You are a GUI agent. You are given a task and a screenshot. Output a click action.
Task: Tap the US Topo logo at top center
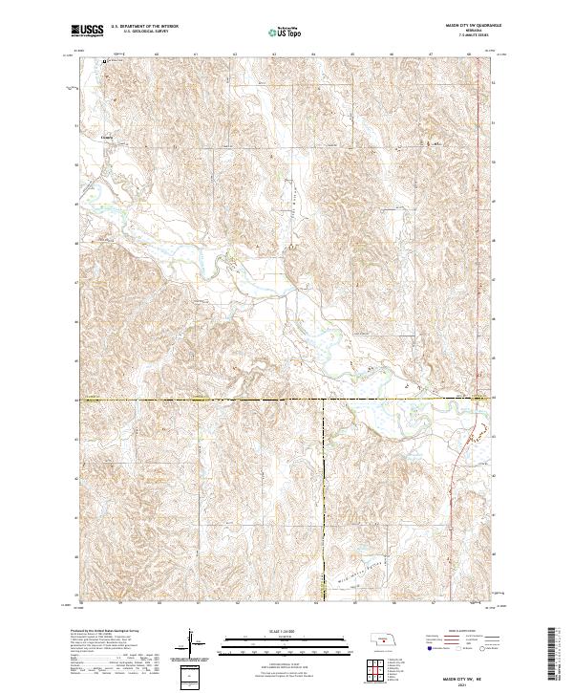(287, 32)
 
